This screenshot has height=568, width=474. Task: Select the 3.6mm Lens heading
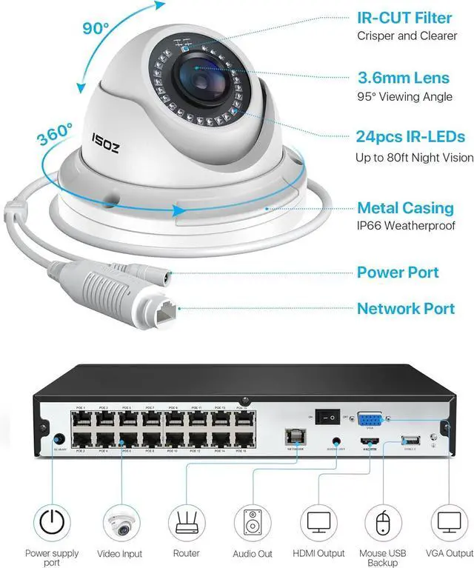403,77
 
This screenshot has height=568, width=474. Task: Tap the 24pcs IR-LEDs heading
410,137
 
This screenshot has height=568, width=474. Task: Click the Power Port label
398,273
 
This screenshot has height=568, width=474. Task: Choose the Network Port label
406,308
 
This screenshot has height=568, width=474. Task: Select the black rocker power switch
327,418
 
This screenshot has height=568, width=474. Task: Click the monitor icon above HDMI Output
318,522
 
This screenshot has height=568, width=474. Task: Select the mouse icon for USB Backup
383,524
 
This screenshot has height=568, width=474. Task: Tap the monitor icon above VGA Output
449,522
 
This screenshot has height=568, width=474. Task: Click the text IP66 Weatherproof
406,225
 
